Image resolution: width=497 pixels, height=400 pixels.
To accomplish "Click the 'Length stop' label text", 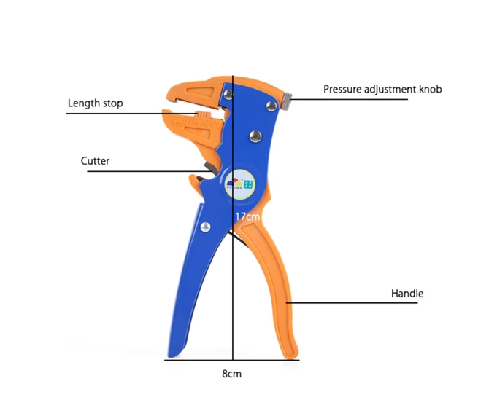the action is [x=95, y=103].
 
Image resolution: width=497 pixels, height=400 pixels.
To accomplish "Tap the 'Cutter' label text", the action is [x=95, y=161].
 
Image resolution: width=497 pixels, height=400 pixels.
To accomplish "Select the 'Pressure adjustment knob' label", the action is [x=382, y=89].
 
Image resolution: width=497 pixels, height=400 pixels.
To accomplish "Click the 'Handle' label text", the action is [x=407, y=294].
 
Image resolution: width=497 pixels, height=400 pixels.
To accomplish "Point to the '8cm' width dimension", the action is [x=231, y=374].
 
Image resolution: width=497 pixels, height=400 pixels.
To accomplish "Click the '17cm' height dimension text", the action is [x=247, y=217].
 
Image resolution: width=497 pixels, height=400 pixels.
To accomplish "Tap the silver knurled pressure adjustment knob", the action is [x=287, y=101].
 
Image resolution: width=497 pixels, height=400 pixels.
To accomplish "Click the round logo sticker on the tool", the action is [x=240, y=184].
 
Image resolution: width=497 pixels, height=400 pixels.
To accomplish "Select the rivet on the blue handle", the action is [x=205, y=227].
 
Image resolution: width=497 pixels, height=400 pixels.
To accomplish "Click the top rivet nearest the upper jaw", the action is [x=228, y=94].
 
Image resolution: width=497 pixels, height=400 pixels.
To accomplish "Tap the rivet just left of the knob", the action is [x=271, y=106].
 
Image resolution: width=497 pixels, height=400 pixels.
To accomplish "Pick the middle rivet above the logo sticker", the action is [x=255, y=136].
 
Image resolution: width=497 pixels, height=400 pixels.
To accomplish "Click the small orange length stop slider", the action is [x=203, y=114].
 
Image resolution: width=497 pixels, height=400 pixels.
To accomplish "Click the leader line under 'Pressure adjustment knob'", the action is [x=350, y=99].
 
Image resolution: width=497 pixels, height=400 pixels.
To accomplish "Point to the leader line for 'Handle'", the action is [x=352, y=303].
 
